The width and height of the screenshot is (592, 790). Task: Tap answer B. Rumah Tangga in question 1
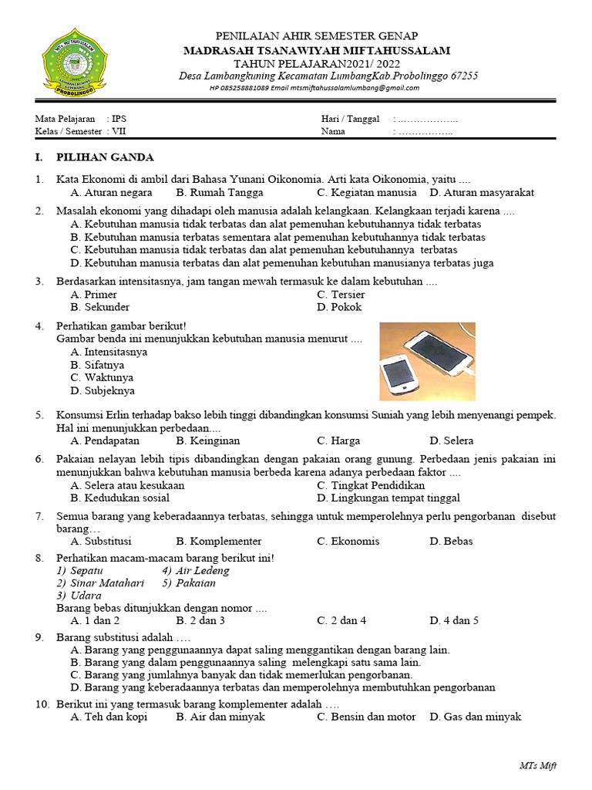[219, 192]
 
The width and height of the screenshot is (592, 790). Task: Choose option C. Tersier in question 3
[341, 295]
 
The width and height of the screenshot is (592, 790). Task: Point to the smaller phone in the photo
[400, 372]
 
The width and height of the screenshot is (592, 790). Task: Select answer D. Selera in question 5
[451, 441]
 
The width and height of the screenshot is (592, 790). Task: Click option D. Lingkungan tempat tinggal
[388, 498]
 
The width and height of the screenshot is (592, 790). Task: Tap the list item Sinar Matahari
[100, 583]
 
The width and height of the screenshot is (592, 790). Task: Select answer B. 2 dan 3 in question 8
[200, 620]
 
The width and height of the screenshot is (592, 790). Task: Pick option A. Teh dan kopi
[108, 717]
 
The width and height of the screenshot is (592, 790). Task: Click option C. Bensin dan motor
[366, 717]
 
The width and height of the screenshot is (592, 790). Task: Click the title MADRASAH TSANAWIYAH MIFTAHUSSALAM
[317, 50]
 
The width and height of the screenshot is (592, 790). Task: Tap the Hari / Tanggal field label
[350, 119]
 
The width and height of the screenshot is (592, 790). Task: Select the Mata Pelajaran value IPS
[118, 119]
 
